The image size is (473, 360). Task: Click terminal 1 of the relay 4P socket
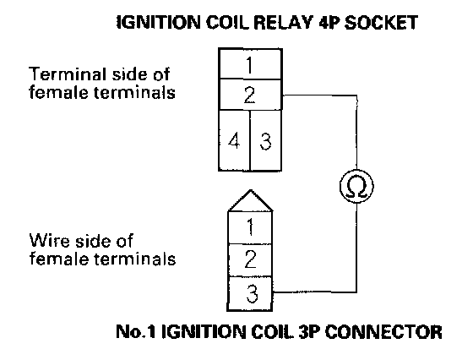[x=250, y=64]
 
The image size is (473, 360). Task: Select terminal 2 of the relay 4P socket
[x=250, y=95]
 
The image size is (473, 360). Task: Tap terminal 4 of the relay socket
[x=235, y=140]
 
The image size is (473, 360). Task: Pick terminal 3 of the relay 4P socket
[x=266, y=140]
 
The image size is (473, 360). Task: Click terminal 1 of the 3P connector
[x=250, y=227]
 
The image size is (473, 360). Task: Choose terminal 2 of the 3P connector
[x=250, y=259]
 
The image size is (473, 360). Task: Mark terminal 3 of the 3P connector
[x=250, y=293]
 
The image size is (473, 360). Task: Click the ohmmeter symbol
[x=356, y=186]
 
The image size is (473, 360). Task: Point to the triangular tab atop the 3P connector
[x=250, y=201]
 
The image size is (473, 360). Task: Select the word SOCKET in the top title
[x=381, y=22]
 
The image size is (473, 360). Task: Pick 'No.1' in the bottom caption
[x=135, y=331]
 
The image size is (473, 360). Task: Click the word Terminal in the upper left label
[x=68, y=74]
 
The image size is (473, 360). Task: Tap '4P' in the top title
[x=329, y=22]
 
